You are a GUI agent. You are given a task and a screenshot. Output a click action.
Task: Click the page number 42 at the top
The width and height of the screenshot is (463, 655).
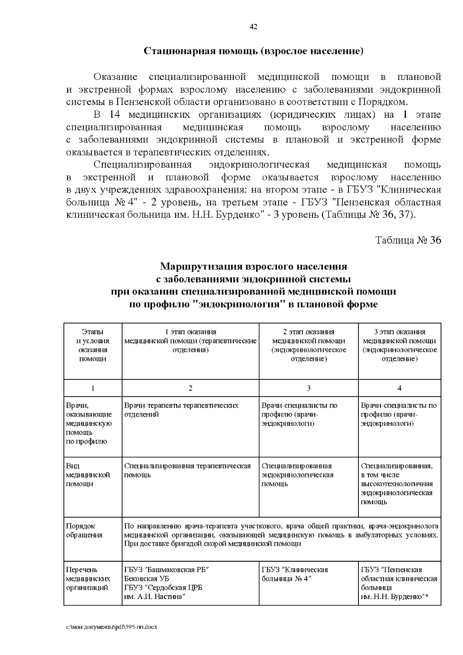pos(253,27)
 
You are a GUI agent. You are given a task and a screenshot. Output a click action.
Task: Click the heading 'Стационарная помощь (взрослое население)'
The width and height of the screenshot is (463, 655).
pos(253,51)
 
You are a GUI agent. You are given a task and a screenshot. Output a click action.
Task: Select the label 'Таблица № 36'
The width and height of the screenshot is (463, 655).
pos(408,240)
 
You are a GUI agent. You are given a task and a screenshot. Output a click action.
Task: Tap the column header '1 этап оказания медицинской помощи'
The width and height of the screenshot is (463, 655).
pos(190,341)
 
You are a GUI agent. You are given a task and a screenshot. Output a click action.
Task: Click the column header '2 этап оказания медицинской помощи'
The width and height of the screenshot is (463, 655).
pos(308,345)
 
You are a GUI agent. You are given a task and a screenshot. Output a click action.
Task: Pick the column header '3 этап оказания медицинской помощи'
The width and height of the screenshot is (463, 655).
pos(399,345)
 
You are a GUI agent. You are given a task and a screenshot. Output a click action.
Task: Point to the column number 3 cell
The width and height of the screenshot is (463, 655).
pos(308,388)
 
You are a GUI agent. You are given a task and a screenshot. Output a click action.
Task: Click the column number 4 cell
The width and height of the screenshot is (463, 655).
pos(399,388)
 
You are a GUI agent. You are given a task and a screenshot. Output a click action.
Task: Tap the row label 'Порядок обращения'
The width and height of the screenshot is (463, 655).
pos(84,530)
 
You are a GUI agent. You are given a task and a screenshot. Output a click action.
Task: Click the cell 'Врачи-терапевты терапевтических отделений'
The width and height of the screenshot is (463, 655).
pos(181,410)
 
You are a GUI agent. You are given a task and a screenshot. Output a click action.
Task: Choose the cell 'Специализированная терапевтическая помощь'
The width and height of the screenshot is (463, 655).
pos(187,471)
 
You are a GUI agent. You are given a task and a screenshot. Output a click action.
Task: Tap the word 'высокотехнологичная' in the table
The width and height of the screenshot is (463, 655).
pos(397,484)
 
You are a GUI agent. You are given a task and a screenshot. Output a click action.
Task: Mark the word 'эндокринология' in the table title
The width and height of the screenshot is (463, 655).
pos(239,305)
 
